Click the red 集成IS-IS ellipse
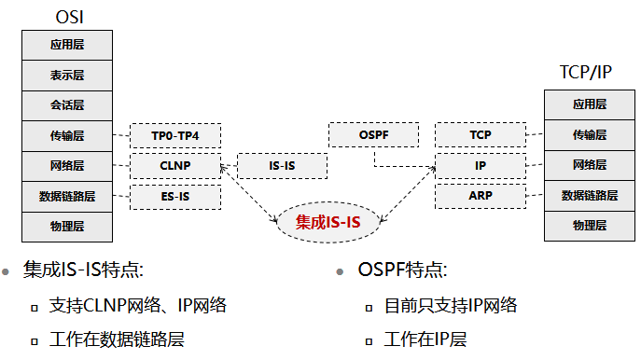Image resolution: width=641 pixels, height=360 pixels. (x=327, y=222)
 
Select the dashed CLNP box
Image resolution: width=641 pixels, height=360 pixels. (x=174, y=166)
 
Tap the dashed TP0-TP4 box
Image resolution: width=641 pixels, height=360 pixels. (x=174, y=136)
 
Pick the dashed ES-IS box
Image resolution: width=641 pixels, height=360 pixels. (x=174, y=197)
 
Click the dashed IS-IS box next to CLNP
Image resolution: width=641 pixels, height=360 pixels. (x=282, y=166)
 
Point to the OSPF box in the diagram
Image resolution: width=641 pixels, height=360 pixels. (x=373, y=135)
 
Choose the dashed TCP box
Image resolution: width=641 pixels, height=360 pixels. (x=481, y=135)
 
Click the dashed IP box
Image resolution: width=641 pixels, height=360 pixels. (x=481, y=166)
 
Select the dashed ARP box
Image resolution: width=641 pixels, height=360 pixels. (x=481, y=196)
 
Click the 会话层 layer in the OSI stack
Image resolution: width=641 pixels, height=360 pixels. (x=67, y=105)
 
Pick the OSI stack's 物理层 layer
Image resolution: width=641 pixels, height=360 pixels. (x=67, y=227)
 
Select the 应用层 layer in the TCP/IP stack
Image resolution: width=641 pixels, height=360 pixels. (x=590, y=104)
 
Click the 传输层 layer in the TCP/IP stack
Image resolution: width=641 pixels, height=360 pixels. (x=590, y=135)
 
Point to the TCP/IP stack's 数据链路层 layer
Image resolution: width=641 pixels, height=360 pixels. (x=590, y=196)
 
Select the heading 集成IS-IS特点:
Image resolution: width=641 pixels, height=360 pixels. (x=84, y=271)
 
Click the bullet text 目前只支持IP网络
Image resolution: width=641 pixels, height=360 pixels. (x=451, y=305)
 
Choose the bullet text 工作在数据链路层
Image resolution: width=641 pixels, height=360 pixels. (x=118, y=339)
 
